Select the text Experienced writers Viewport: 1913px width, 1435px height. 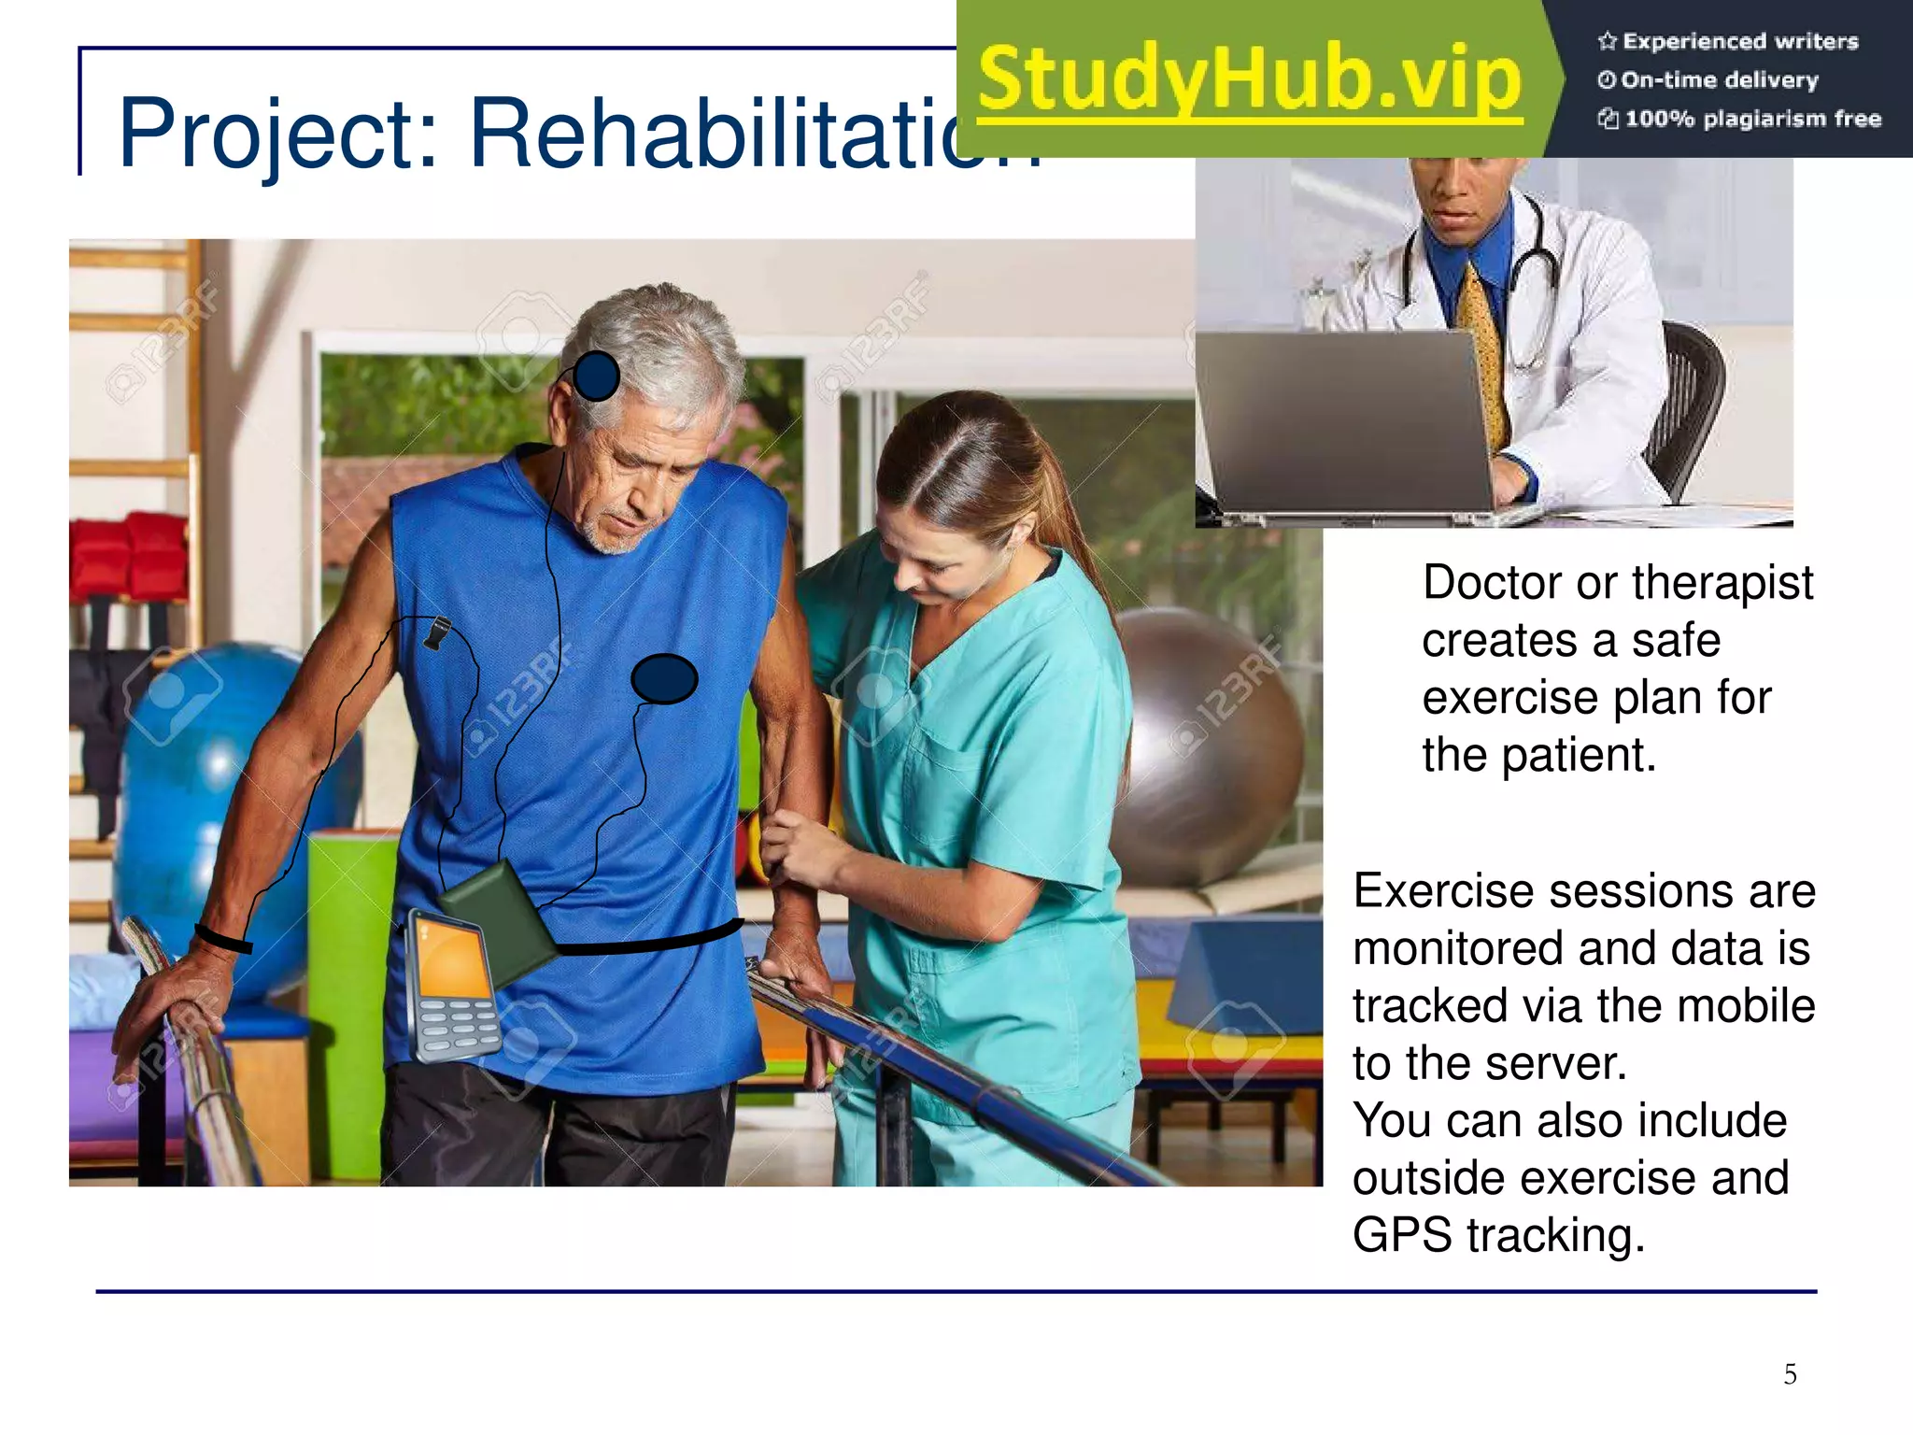[x=1739, y=41]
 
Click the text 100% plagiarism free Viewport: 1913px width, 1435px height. [x=1752, y=119]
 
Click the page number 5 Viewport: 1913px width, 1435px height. [x=1790, y=1373]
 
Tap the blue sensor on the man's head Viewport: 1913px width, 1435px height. [x=596, y=376]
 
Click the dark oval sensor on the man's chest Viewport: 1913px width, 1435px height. [x=664, y=678]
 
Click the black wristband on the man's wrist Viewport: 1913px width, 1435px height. [x=223, y=939]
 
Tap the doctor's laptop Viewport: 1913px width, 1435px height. [x=1345, y=420]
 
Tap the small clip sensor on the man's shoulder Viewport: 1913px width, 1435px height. [x=436, y=632]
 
